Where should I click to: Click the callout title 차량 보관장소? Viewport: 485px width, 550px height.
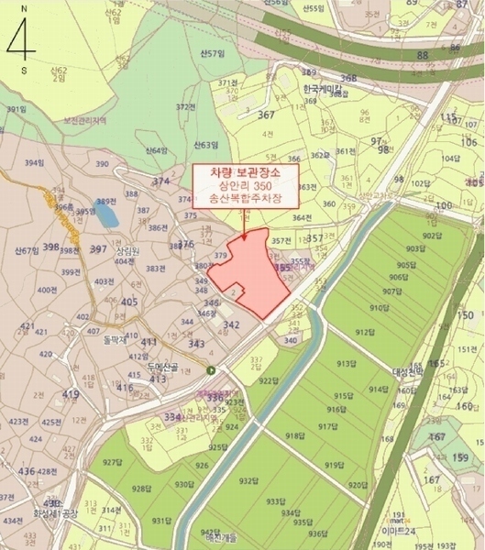(x=247, y=172)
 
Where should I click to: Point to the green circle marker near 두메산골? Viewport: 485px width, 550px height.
(x=212, y=369)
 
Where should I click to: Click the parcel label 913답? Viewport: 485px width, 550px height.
(x=346, y=364)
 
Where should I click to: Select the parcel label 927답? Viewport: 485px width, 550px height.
(x=114, y=462)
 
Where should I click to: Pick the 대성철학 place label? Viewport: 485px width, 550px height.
(x=407, y=372)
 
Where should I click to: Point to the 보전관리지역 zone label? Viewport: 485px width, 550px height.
(x=87, y=119)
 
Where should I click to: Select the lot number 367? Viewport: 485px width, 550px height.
(x=266, y=115)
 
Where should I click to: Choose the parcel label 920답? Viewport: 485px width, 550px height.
(x=358, y=485)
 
